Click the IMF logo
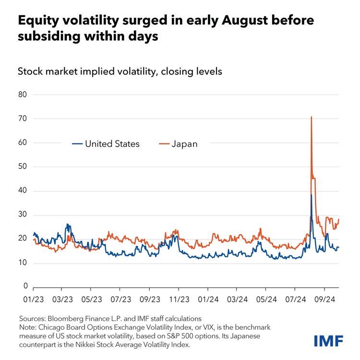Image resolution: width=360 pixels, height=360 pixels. tap(328, 341)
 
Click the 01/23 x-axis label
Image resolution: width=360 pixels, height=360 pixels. tap(33, 298)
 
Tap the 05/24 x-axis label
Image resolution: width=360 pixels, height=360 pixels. tap(265, 298)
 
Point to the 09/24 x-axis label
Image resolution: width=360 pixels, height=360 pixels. tap(324, 298)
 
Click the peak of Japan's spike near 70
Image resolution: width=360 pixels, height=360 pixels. tap(312, 117)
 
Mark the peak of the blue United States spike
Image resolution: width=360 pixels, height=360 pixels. tap(312, 195)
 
